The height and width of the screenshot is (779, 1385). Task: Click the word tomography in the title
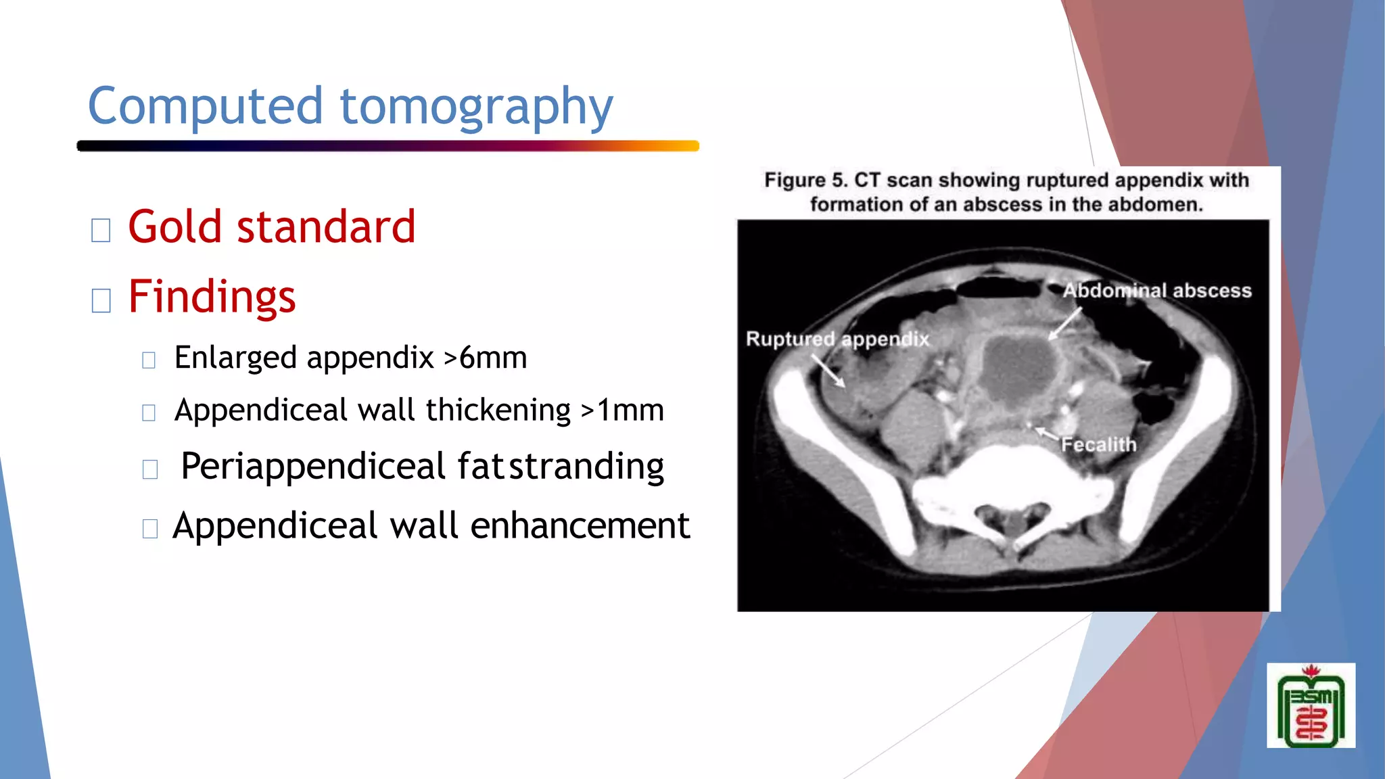(476, 108)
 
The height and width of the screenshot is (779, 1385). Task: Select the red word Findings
(212, 297)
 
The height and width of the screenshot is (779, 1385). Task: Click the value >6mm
(485, 358)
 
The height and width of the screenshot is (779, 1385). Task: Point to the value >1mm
(622, 410)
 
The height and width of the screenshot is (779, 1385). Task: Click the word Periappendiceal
(313, 467)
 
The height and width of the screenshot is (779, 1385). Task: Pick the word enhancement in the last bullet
(580, 526)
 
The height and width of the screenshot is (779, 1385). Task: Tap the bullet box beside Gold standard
(101, 231)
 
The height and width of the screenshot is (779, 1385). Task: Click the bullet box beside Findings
(101, 300)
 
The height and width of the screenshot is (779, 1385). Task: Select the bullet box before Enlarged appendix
(149, 360)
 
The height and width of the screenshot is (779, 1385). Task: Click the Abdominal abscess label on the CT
(1156, 291)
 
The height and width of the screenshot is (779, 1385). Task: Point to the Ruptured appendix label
(837, 339)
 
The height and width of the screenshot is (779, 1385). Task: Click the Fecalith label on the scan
(1098, 444)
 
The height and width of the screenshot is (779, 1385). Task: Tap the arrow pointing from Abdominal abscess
(1064, 323)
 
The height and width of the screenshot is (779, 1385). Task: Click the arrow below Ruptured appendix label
(828, 371)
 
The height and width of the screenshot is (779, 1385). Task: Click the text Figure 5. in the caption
(805, 181)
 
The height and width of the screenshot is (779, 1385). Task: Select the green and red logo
(1311, 706)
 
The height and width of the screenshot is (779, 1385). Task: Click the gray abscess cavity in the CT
(1018, 372)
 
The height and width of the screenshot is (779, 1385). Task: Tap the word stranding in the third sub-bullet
(586, 467)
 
